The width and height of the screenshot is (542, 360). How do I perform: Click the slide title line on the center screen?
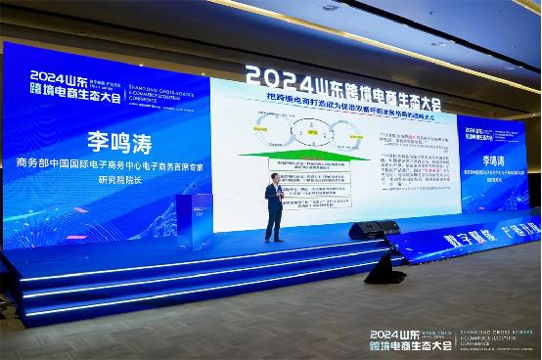pyautogui.click(x=332, y=101)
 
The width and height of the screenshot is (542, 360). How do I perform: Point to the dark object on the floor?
pyautogui.click(x=384, y=269)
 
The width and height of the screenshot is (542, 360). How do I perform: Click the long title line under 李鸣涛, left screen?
pyautogui.click(x=110, y=164)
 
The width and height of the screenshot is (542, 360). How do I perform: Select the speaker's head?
pyautogui.click(x=275, y=179)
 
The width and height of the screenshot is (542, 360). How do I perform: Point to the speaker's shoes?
pyautogui.click(x=274, y=239)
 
